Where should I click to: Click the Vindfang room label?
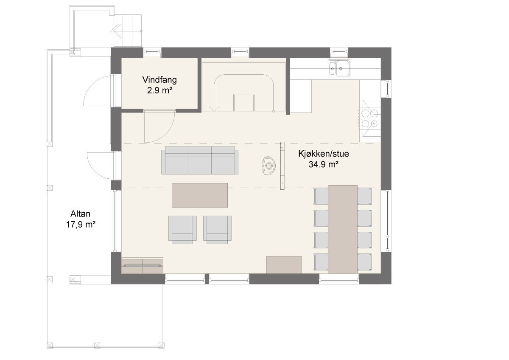159,79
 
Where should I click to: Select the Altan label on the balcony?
81,214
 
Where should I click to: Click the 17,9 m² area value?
80,225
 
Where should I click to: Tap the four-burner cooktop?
369,118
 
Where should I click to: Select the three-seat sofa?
199,160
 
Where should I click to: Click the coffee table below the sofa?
200,195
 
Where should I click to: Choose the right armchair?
217,229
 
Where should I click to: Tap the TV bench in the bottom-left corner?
142,266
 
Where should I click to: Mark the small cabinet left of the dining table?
284,264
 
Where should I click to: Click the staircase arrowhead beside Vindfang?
215,109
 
